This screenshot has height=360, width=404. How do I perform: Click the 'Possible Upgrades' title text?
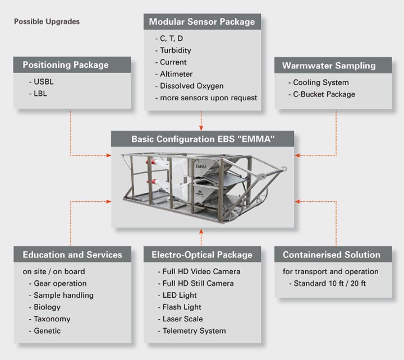[47, 22]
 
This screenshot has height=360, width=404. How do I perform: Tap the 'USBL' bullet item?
[44, 82]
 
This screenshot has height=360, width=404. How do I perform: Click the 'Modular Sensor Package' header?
[202, 22]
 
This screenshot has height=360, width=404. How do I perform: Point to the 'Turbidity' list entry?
[176, 50]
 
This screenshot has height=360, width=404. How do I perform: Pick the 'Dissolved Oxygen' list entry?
[192, 86]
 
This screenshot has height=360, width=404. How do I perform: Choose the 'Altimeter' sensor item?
[176, 74]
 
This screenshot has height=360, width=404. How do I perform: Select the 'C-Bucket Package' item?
[324, 94]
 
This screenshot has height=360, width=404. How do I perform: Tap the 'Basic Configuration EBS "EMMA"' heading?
[203, 139]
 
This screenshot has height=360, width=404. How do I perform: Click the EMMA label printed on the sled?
[201, 167]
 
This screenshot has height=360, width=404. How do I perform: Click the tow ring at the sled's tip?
[284, 169]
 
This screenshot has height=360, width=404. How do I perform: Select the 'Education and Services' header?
[72, 255]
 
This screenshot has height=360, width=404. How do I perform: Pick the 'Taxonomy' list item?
[52, 319]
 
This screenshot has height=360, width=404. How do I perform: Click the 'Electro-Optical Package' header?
[202, 255]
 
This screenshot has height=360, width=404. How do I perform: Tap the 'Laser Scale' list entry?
[183, 319]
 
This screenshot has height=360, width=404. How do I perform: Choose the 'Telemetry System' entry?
[194, 331]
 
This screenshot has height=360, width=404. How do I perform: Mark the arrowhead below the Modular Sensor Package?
[201, 128]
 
